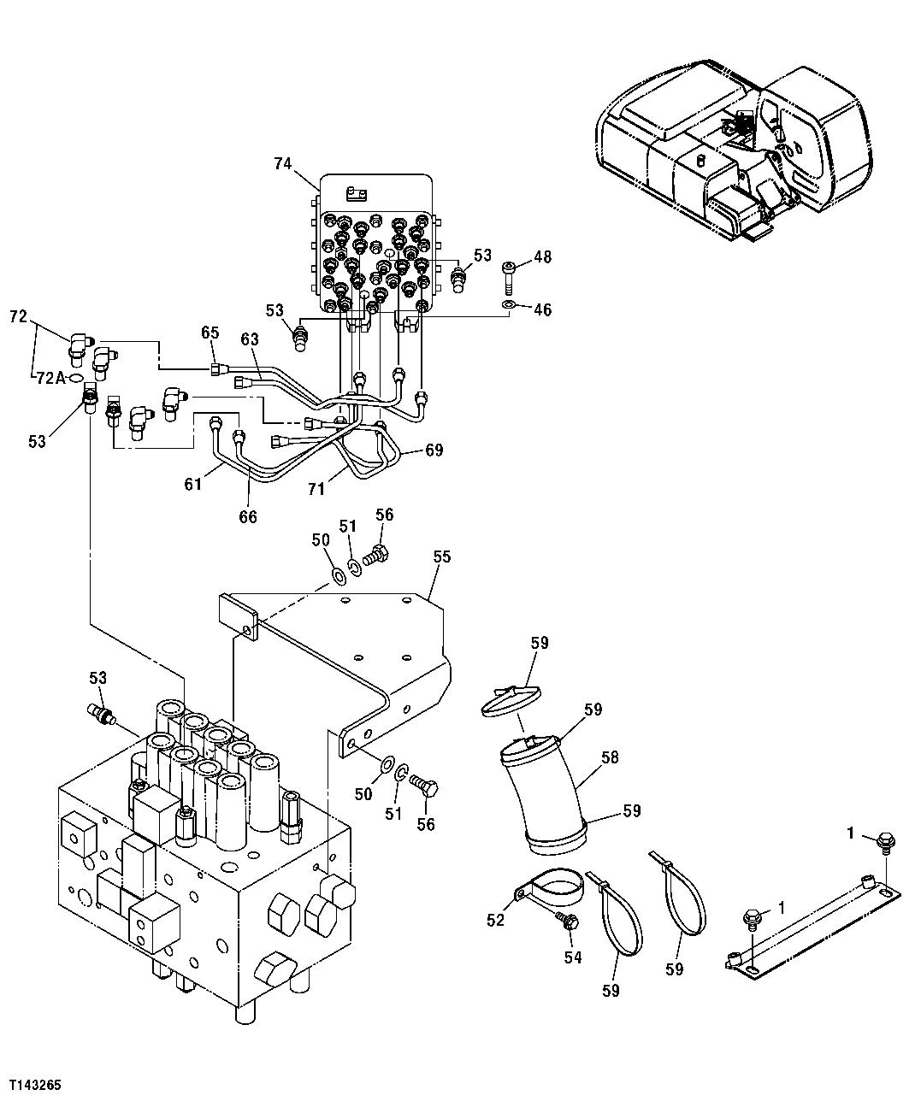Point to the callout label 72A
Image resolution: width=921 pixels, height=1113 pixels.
pos(50,378)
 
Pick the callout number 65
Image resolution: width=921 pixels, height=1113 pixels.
pos(210,332)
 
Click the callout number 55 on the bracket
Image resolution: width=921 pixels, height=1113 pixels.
pos(441,556)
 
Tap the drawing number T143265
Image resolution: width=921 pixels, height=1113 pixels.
pos(35,1084)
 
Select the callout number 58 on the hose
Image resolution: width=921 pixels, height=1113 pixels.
pos(609,757)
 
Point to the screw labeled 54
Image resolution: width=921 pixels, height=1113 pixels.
pos(566,921)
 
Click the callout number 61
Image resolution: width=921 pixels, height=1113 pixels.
pos(193,485)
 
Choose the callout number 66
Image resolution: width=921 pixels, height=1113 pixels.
pos(248,516)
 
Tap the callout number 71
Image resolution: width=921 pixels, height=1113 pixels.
pos(317,488)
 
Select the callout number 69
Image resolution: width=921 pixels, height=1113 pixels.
pos(434,450)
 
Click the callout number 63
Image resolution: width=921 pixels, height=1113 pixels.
pos(249,340)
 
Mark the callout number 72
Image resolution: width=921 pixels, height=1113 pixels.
pos(18,316)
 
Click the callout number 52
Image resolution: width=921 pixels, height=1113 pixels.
pos(496,920)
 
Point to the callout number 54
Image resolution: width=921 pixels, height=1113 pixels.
pos(572,957)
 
